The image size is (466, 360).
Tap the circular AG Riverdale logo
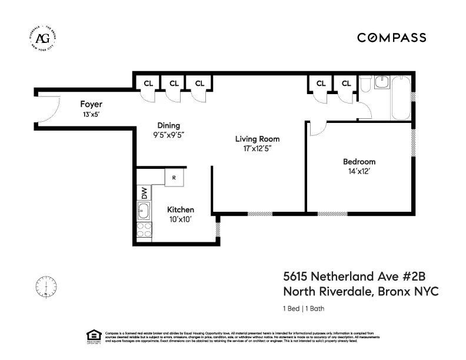(43, 38)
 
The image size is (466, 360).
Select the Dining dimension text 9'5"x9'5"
(168, 134)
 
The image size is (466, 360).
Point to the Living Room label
(257, 139)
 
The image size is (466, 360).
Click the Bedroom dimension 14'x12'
(359, 172)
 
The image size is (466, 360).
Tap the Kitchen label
(180, 210)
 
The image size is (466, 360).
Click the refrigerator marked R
(174, 177)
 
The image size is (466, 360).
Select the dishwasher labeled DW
(144, 192)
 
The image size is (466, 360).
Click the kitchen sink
(144, 210)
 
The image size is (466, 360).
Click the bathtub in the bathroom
(402, 96)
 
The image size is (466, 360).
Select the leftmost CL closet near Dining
(147, 83)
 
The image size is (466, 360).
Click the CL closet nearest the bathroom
(346, 83)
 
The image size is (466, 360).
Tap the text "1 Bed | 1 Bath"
(304, 308)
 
